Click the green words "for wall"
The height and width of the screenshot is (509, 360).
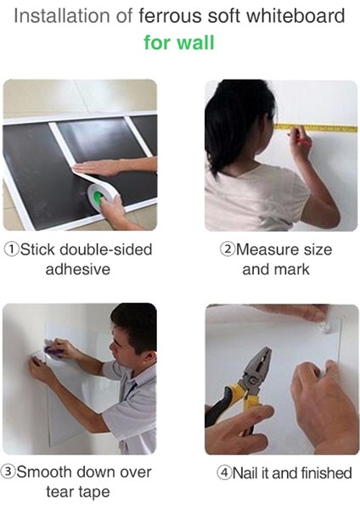coord(179,42)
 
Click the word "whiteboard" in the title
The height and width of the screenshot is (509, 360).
coord(296,15)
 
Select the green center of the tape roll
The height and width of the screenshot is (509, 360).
coord(98,198)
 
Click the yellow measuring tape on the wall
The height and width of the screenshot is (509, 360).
coord(316,127)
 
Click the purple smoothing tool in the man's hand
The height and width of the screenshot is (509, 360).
coord(52,349)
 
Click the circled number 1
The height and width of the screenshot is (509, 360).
coord(12,249)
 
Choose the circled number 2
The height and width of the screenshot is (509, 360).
coord(228,249)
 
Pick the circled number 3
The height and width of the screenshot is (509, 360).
coord(8,473)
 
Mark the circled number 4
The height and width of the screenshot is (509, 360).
coord(224,473)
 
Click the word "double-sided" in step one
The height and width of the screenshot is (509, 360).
coord(106,249)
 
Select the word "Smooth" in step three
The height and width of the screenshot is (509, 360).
coord(44,472)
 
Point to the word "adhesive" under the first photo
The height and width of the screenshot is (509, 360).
coord(78,270)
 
